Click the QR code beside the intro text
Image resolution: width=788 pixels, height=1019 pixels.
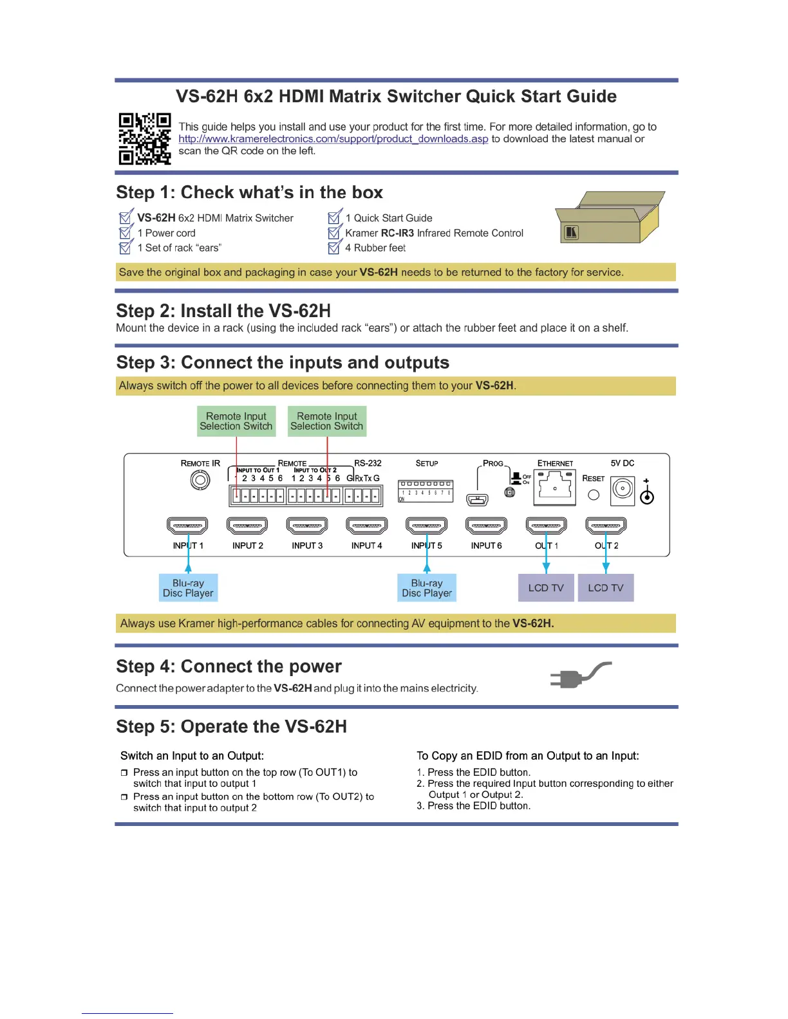pyautogui.click(x=144, y=139)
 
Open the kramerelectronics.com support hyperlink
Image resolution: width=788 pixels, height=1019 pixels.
pyautogui.click(x=333, y=139)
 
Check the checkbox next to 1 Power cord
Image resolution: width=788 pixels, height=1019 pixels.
pyautogui.click(x=126, y=232)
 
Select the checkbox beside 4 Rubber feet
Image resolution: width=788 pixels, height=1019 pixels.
pyautogui.click(x=334, y=248)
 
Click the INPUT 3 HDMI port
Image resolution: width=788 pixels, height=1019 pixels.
pyautogui.click(x=307, y=526)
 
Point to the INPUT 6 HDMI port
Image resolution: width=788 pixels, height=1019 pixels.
pyautogui.click(x=486, y=526)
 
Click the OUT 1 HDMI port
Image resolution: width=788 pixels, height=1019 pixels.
pyautogui.click(x=546, y=526)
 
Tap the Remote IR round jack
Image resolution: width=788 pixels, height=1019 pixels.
pyautogui.click(x=200, y=480)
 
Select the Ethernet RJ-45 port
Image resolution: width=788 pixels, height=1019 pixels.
pyautogui.click(x=554, y=486)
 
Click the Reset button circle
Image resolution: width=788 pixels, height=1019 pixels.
pyautogui.click(x=594, y=495)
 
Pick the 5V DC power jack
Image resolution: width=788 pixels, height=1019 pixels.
pyautogui.click(x=623, y=490)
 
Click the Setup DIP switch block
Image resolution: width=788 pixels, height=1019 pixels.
pyautogui.click(x=426, y=491)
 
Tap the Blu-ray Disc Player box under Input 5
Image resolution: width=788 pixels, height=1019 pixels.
pyautogui.click(x=427, y=588)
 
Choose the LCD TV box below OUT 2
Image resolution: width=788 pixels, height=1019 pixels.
pyautogui.click(x=606, y=588)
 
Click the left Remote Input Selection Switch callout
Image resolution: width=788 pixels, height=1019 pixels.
pyautogui.click(x=236, y=421)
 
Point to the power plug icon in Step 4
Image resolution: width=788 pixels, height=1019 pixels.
pyautogui.click(x=579, y=675)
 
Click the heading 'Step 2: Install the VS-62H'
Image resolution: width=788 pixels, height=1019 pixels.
pyautogui.click(x=223, y=311)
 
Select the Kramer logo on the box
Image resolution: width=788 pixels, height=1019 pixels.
pyautogui.click(x=571, y=232)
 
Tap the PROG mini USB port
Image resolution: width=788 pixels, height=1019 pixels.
pyautogui.click(x=477, y=499)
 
